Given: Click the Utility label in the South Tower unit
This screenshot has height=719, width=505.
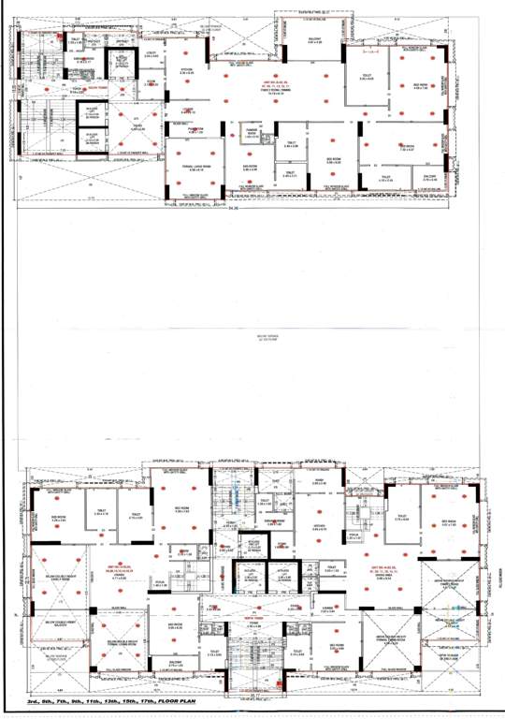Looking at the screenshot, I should pos(150,55).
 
